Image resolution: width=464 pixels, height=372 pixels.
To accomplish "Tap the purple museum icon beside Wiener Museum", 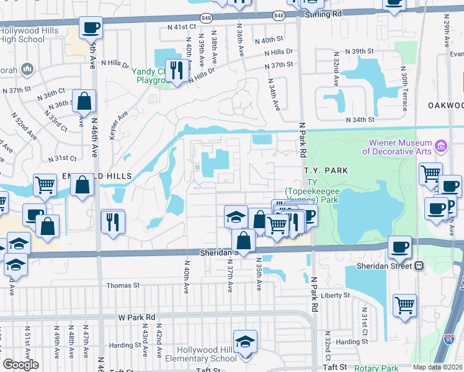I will (x=441, y=146).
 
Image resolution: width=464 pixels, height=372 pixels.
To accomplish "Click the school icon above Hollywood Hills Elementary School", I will (x=245, y=340).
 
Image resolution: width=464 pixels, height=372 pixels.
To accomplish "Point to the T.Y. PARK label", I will (x=326, y=170).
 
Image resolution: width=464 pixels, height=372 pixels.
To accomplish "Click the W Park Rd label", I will (x=137, y=317).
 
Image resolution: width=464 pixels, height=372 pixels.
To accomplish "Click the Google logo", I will (x=20, y=365).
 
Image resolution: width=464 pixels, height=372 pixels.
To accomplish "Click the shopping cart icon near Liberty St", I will (x=404, y=304).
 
